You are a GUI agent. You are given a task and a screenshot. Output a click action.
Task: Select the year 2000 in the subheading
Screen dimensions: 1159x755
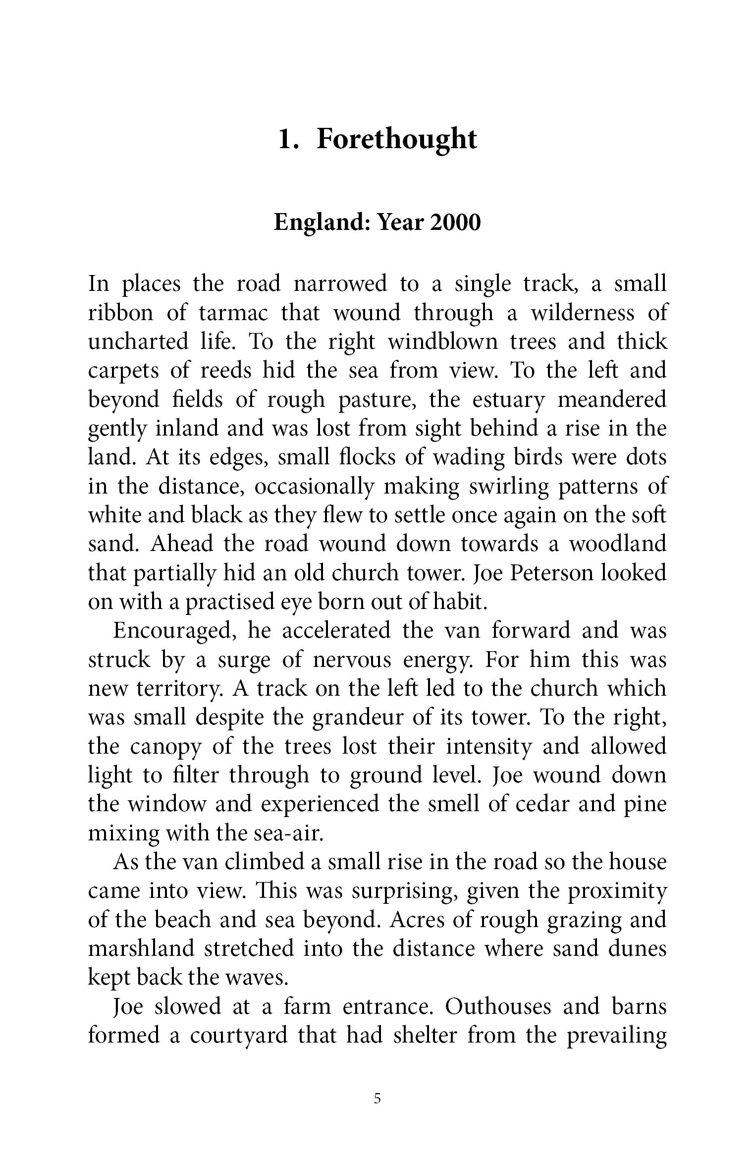[x=455, y=223]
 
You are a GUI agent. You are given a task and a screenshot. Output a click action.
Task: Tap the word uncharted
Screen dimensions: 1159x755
[x=137, y=342]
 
